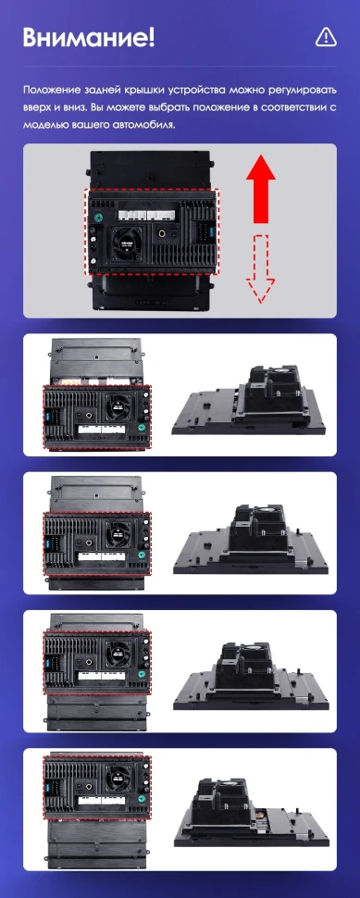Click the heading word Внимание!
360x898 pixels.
click(89, 38)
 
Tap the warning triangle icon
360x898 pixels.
click(326, 37)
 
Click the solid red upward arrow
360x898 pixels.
click(263, 189)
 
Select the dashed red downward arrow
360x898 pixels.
click(263, 268)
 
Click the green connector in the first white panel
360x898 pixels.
click(141, 428)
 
